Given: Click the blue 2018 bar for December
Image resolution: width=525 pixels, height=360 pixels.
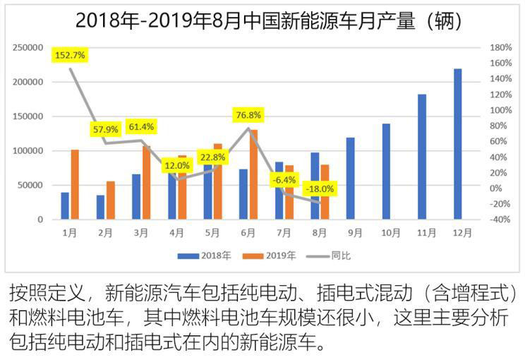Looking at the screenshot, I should (457, 144).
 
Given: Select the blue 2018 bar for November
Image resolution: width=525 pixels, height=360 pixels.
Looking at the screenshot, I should (422, 157).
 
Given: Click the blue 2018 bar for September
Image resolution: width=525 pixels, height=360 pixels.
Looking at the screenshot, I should (351, 179).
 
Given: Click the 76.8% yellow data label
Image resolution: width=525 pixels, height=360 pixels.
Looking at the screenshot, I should (248, 114).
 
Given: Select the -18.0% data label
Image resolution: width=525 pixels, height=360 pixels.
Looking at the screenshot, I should (320, 188).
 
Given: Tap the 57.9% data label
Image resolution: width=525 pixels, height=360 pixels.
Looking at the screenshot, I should (107, 130).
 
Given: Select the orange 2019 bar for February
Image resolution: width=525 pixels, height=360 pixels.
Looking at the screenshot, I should (110, 200).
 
